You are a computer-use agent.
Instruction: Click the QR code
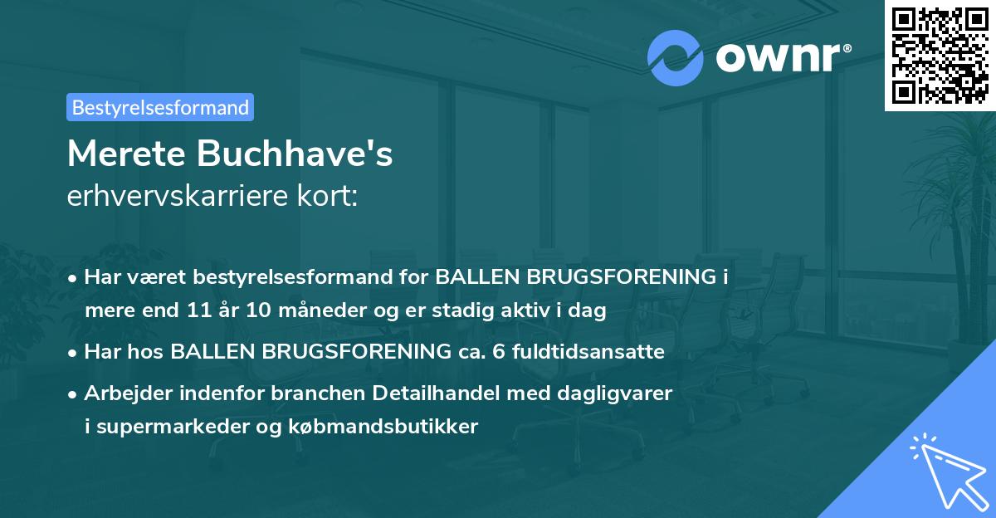940,55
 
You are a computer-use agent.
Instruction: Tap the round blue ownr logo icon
676,57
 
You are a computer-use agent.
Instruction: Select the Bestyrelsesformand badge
160,107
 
